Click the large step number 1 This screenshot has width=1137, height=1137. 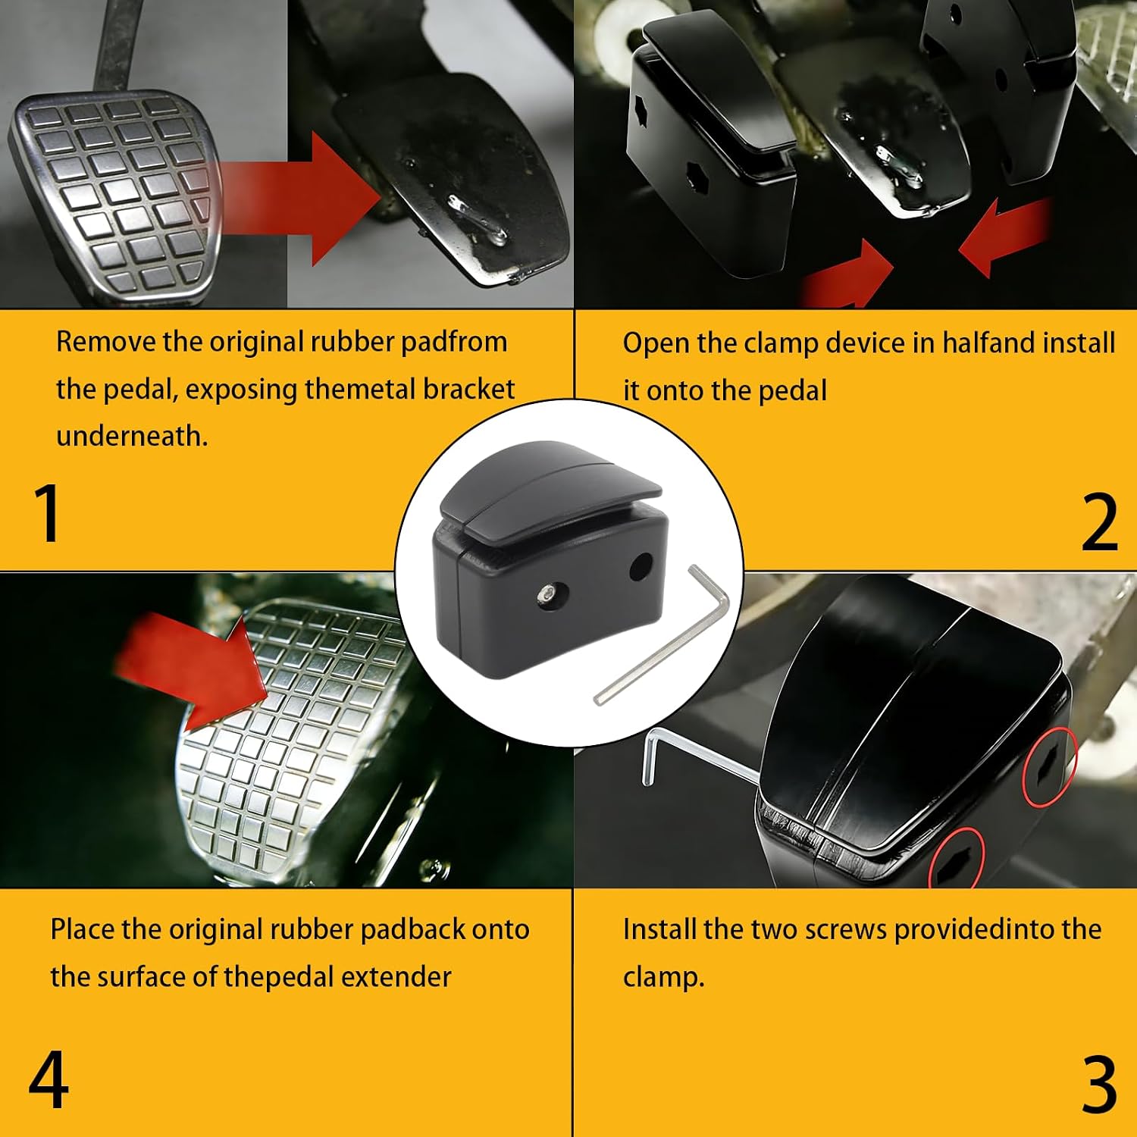point(48,512)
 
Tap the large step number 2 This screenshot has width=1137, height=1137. point(1099,522)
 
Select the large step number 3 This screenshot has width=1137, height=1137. point(1099,1084)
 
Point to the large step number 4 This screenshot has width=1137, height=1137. point(49,1079)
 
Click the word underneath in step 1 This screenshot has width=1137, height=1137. point(132,436)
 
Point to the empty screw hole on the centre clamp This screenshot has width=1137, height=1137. point(641,566)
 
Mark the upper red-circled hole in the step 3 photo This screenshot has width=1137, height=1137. point(1049,766)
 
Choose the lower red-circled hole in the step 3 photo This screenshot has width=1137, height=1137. point(956,859)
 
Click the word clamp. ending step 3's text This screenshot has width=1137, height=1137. point(663,978)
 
